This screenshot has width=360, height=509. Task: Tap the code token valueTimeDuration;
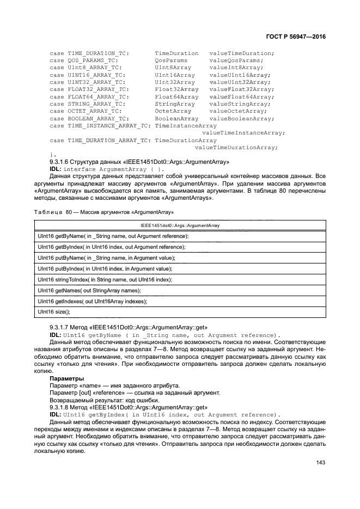(241, 53)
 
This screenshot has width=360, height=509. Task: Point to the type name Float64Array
(176, 96)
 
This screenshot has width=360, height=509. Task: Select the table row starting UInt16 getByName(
(113, 236)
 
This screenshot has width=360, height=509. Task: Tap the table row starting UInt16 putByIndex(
(105, 268)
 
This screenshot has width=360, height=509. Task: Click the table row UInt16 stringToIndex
(105, 279)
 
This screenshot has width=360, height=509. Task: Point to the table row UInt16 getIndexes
(93, 301)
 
